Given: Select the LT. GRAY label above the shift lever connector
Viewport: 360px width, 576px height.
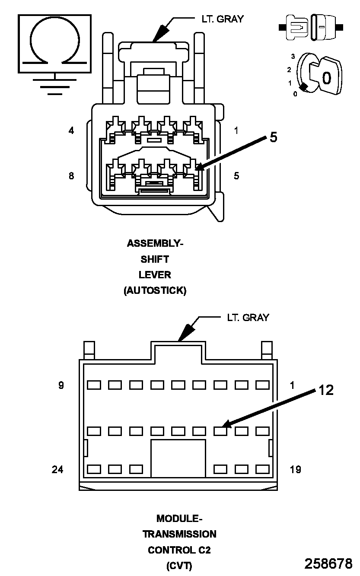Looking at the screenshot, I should pyautogui.click(x=223, y=19).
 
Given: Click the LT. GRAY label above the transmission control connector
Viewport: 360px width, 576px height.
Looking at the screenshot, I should pyautogui.click(x=248, y=318).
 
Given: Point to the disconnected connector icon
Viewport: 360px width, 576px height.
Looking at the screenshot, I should pyautogui.click(x=311, y=27).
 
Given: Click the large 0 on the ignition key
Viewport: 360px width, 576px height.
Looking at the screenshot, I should pyautogui.click(x=326, y=78).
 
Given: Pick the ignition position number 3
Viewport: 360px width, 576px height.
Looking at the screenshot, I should pyautogui.click(x=293, y=57).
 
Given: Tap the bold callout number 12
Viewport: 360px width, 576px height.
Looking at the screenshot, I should pyautogui.click(x=326, y=390).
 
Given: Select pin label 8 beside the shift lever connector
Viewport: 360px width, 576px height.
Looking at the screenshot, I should pyautogui.click(x=71, y=176).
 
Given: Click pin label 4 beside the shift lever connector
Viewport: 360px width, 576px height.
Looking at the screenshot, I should pyautogui.click(x=71, y=130).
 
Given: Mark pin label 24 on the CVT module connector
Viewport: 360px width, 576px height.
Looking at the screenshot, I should pyautogui.click(x=57, y=469).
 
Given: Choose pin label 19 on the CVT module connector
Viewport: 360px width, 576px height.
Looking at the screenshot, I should pyautogui.click(x=295, y=469).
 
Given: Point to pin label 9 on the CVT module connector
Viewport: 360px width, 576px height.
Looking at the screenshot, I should pyautogui.click(x=61, y=385).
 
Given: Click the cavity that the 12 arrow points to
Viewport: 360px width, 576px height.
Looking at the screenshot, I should pyautogui.click(x=220, y=431).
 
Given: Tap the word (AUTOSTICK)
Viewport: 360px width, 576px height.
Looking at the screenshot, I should pyautogui.click(x=155, y=290).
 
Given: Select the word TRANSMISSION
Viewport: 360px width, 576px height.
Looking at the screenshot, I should pyautogui.click(x=179, y=534).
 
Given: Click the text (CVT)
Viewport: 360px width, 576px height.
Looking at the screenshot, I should pyautogui.click(x=179, y=566).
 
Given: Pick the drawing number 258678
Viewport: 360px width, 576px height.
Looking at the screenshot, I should pyautogui.click(x=328, y=563).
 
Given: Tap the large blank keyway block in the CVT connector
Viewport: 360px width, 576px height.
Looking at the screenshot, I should pyautogui.click(x=178, y=458).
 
